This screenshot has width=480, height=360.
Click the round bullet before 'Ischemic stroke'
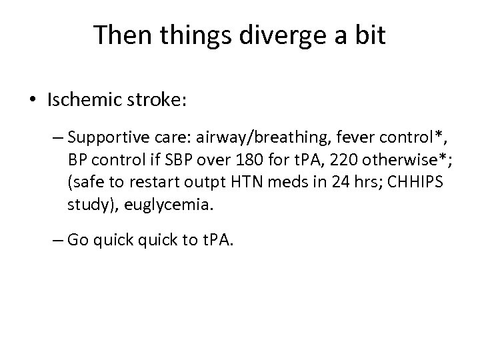tap(34, 101)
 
